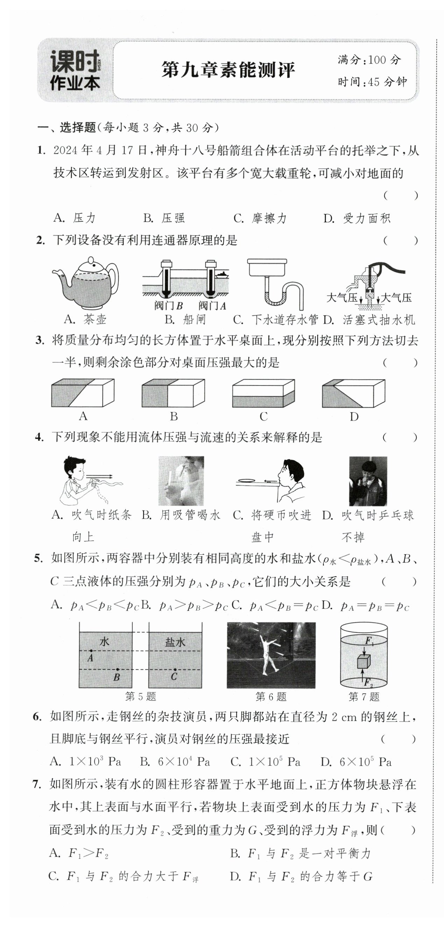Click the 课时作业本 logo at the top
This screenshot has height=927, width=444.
[x=75, y=70]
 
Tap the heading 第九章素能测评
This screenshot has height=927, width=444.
[x=228, y=70]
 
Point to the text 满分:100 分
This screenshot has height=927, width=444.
[x=369, y=60]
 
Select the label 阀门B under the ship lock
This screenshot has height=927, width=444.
[x=169, y=306]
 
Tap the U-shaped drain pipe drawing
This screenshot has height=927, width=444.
[x=275, y=284]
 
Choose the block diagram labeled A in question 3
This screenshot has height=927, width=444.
[x=83, y=392]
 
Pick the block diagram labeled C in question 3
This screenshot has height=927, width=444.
[x=263, y=392]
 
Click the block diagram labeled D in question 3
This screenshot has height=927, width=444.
[x=353, y=392]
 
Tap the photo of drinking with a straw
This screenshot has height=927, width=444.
[x=181, y=481]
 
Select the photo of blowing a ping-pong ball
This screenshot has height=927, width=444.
[x=368, y=481]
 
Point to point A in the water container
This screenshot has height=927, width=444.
[x=91, y=651]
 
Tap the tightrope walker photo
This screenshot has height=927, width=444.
[x=271, y=655]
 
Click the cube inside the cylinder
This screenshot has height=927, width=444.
[x=364, y=661]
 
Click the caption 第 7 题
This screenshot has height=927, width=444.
[x=364, y=697]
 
